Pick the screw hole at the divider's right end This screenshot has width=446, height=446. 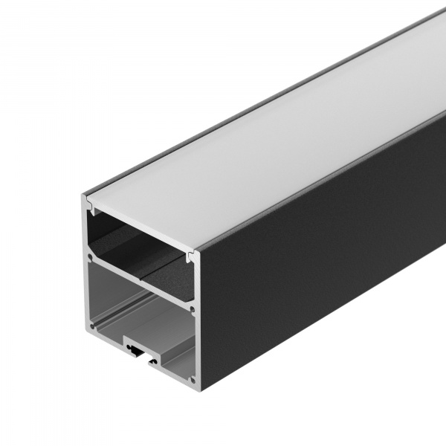[x=193, y=308]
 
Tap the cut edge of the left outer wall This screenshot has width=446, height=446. [x=83, y=260]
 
